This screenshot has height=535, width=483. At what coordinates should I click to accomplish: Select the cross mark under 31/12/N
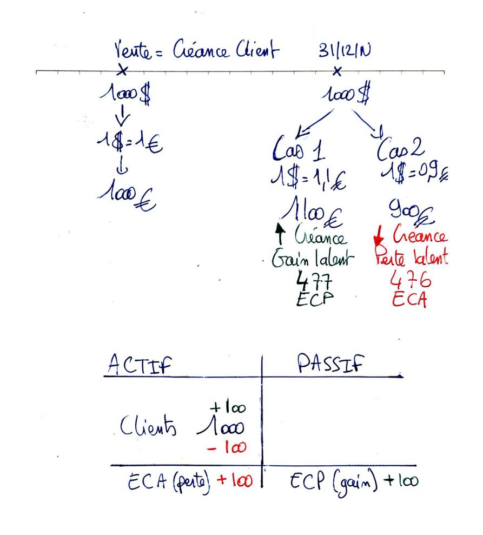pyautogui.click(x=338, y=71)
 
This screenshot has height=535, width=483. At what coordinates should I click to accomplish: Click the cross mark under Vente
pyautogui.click(x=123, y=71)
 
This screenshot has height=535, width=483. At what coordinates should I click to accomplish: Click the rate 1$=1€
pyautogui.click(x=127, y=144)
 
